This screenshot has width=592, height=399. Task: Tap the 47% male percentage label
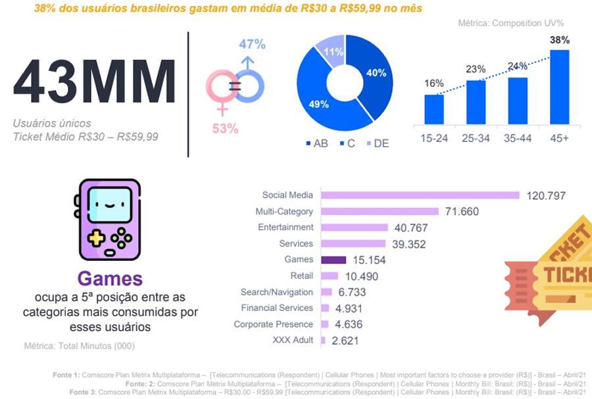tap(252, 45)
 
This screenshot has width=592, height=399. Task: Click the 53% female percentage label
tap(225, 128)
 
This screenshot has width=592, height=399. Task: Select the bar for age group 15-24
tap(434, 109)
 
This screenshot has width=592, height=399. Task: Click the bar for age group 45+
tap(559, 87)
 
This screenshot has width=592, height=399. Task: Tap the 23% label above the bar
tap(476, 69)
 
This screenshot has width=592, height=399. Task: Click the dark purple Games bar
tap(333, 260)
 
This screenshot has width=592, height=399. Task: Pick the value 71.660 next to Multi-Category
tap(460, 212)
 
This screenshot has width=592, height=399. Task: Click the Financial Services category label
tap(277, 308)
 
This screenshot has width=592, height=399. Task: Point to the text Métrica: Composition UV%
tap(511, 23)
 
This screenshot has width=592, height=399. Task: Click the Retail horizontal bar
tap(330, 276)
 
